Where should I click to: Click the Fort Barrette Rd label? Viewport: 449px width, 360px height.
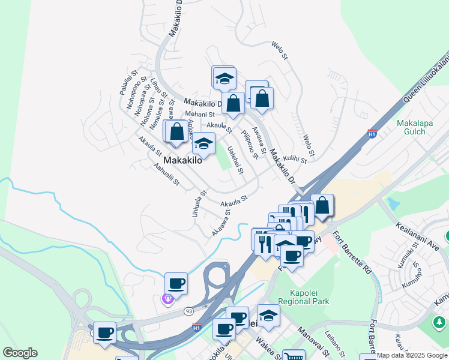click(x=352, y=253)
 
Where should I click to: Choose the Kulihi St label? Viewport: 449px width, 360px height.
click(x=295, y=157)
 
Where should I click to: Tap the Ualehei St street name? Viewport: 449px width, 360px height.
click(x=235, y=161)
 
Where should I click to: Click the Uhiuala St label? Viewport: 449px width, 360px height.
click(x=200, y=203)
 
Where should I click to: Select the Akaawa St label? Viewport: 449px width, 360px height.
click(x=221, y=223)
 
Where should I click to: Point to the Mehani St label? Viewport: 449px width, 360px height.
click(x=199, y=113)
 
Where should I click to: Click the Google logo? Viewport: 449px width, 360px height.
click(x=20, y=353)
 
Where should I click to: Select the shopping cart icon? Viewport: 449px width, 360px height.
click(x=293, y=356)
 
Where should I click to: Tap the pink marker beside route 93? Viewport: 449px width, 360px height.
click(x=167, y=298)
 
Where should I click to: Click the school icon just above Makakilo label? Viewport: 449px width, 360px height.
click(x=203, y=145)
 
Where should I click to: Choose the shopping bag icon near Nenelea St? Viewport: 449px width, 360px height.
click(x=176, y=132)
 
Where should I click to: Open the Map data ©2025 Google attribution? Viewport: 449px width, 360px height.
click(x=412, y=355)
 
